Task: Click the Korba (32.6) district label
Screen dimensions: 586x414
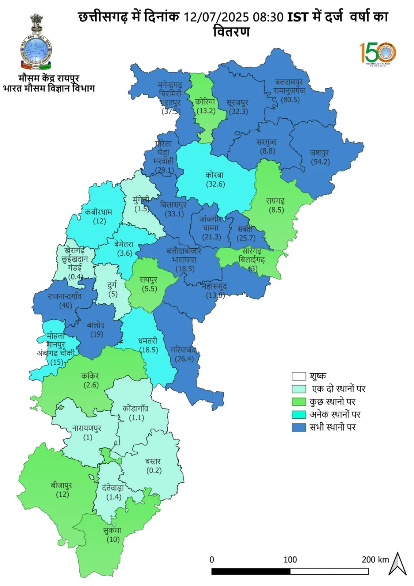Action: click(x=215, y=179)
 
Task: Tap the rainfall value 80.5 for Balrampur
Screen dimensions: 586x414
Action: click(x=290, y=100)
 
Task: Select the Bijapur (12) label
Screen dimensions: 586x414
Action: click(x=62, y=490)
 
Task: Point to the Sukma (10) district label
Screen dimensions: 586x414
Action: click(x=112, y=535)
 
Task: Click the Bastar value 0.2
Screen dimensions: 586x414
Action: click(x=154, y=471)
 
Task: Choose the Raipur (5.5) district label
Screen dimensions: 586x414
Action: click(x=149, y=284)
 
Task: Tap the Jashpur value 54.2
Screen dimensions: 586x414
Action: click(x=320, y=162)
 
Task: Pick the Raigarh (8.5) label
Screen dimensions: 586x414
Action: click(x=276, y=205)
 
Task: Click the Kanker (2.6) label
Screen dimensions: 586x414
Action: click(x=90, y=380)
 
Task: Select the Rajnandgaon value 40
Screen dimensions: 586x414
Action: click(x=66, y=305)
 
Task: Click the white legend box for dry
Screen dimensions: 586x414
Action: click(x=298, y=376)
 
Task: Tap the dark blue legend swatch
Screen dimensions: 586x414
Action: click(x=298, y=427)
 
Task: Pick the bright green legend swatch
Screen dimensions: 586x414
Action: click(x=298, y=402)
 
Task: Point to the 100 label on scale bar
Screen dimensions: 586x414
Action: click(x=290, y=560)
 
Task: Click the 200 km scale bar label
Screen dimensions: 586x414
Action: click(x=375, y=560)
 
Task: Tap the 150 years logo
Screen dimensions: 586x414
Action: click(x=378, y=53)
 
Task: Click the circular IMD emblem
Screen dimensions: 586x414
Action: click(x=36, y=50)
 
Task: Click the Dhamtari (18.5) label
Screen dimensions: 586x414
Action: click(x=148, y=345)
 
